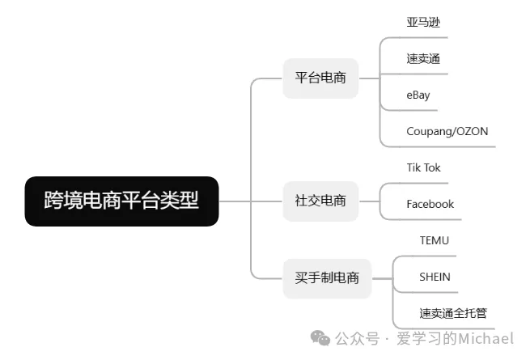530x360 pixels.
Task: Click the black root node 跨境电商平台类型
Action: point(121,201)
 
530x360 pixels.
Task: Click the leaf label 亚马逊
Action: point(423,22)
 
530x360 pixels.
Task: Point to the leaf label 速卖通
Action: point(423,58)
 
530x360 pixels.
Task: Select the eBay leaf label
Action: point(418,95)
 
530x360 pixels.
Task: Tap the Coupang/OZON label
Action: point(447,131)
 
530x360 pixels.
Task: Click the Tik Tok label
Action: point(423,167)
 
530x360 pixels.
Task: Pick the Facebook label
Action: point(430,204)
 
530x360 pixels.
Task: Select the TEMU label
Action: point(434,240)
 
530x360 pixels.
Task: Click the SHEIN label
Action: point(435,277)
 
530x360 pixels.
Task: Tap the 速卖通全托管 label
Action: point(453,313)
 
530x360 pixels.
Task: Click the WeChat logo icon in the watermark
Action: point(322,338)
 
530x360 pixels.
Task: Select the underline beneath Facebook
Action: point(429,219)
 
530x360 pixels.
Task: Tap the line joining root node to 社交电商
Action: point(251,201)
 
